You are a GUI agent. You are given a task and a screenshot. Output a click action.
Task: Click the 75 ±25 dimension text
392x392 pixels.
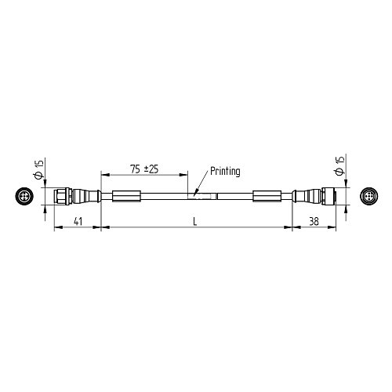143,169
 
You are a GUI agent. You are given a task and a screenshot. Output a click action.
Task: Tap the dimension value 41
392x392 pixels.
78,221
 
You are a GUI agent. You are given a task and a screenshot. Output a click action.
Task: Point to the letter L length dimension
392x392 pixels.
195,221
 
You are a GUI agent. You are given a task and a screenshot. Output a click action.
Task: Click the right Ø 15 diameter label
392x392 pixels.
339,165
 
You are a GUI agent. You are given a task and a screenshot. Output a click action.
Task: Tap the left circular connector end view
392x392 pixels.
24,195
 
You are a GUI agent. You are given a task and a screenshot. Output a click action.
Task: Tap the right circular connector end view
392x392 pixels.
367,195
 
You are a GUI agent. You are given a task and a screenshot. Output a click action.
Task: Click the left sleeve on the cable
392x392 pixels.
126,195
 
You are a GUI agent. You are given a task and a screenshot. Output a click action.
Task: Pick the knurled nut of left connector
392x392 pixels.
60,195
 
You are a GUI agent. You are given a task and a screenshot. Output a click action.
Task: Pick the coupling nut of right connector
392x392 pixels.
332,195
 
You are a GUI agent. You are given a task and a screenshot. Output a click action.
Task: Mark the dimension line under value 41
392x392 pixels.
78,228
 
